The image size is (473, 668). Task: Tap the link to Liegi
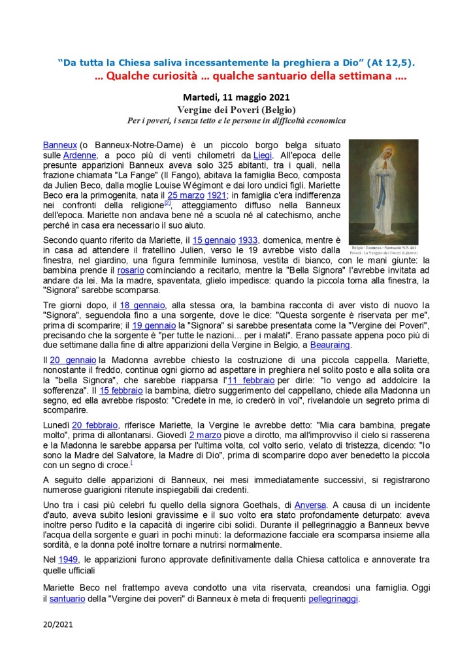point(262,155)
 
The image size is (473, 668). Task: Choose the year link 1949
point(67,558)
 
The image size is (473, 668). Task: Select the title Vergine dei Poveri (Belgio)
point(236,110)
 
